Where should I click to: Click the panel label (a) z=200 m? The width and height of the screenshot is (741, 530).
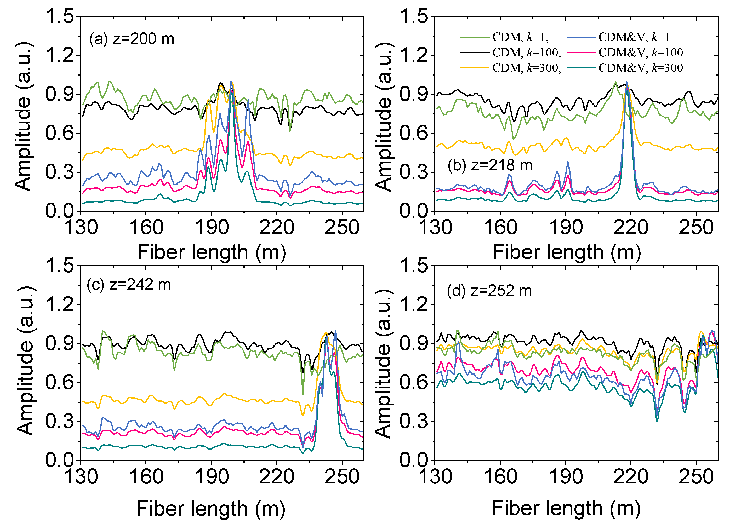pos(132,39)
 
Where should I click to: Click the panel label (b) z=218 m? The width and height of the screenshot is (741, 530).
pos(490,165)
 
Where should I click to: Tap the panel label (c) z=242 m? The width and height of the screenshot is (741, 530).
pos(129,284)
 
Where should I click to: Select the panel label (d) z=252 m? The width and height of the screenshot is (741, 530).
pos(489,290)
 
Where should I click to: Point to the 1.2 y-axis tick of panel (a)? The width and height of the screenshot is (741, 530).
pos(59,55)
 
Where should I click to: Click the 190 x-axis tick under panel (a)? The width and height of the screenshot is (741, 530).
pos(212,227)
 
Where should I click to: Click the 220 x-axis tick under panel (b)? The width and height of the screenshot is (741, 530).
pos(631,227)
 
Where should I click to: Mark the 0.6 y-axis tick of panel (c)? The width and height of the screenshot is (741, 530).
pos(59,383)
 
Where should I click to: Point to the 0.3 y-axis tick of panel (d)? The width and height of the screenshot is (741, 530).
pos(414,421)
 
